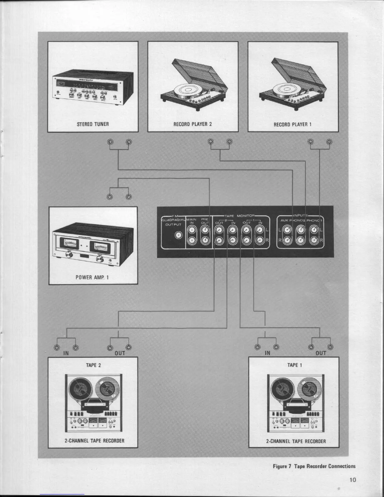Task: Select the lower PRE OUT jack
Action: click(205, 241)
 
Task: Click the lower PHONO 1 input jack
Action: click(314, 241)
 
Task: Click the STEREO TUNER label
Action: click(93, 124)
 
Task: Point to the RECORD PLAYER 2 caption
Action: click(193, 124)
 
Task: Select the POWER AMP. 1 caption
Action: click(92, 277)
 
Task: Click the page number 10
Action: click(353, 479)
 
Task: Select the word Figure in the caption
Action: click(280, 466)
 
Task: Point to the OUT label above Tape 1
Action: click(321, 353)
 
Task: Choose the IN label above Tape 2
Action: click(66, 353)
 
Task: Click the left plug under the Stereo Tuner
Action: click(110, 142)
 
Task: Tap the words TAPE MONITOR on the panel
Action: click(241, 216)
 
